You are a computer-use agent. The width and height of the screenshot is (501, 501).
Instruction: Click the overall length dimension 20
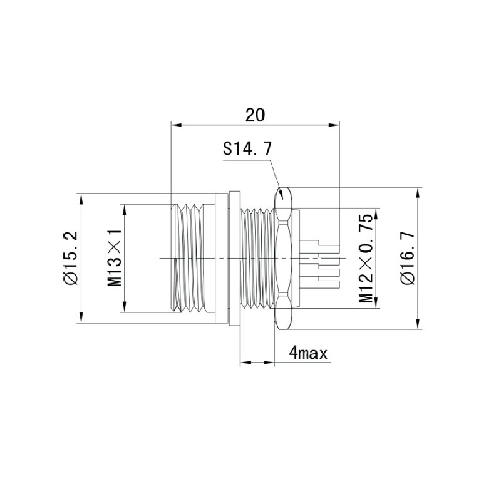coord(255,115)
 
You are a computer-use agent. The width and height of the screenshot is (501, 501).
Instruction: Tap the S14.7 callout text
coord(247,148)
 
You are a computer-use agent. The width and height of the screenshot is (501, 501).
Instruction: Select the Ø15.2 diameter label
coord(71,257)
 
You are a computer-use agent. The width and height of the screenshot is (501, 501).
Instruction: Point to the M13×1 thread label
coord(115,257)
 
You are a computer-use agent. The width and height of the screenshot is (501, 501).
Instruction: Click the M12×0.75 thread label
coord(366,258)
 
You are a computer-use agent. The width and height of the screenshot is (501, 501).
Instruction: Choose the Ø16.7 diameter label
coord(408,258)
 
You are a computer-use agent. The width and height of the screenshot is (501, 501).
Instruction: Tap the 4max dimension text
coord(308,353)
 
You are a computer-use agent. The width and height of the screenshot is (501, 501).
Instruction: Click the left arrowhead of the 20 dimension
coord(176,125)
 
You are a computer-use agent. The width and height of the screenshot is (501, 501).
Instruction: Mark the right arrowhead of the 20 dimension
coord(334,125)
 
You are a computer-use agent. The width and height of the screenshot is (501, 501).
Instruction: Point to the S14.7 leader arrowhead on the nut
coord(281,194)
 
